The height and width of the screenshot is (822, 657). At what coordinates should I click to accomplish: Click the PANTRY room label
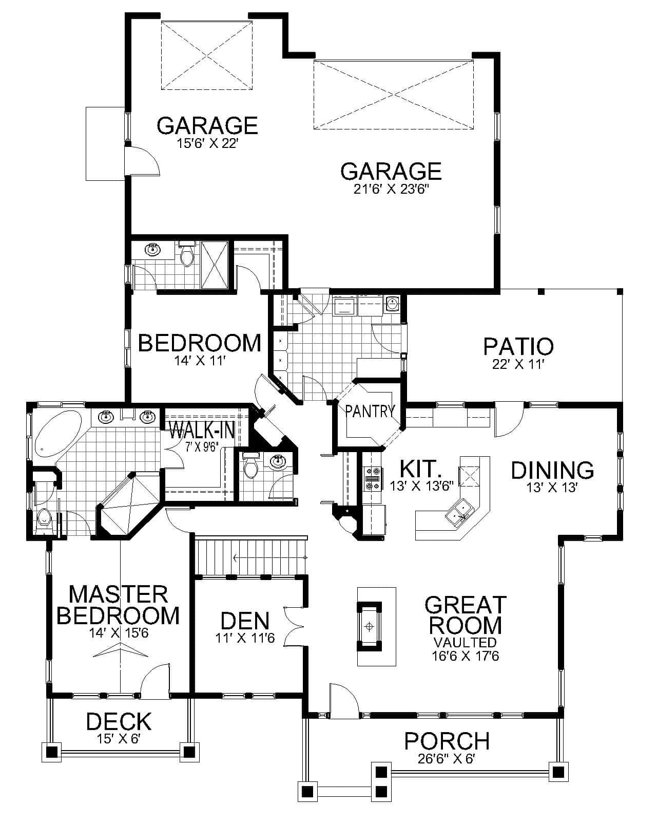[370, 411]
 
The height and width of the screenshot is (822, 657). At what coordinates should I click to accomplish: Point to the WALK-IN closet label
[202, 429]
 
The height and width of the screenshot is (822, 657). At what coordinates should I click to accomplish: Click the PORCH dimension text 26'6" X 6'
[447, 759]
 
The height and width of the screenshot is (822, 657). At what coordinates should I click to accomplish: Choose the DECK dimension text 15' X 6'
[119, 739]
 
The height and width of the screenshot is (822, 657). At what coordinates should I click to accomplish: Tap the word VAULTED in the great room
[465, 642]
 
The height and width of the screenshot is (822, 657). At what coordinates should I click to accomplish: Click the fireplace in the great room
[369, 626]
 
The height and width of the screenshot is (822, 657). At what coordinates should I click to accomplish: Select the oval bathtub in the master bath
[58, 433]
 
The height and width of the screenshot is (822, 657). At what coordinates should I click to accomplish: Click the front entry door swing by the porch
[343, 700]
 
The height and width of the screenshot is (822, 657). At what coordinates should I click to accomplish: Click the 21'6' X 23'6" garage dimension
[391, 190]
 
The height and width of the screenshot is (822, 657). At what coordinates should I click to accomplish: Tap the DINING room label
[552, 470]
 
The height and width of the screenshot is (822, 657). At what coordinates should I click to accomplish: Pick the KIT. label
[420, 469]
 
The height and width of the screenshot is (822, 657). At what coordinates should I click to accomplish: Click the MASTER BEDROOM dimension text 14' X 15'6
[119, 633]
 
